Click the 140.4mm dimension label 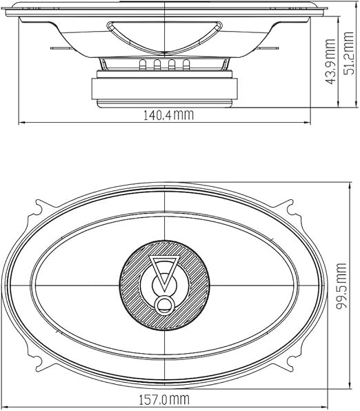168,115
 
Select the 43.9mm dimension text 330,62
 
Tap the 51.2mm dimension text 348,53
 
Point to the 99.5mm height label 341,286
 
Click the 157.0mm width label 163,399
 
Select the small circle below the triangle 165,305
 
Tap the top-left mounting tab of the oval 40,208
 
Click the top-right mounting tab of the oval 290,208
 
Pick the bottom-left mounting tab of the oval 39,363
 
